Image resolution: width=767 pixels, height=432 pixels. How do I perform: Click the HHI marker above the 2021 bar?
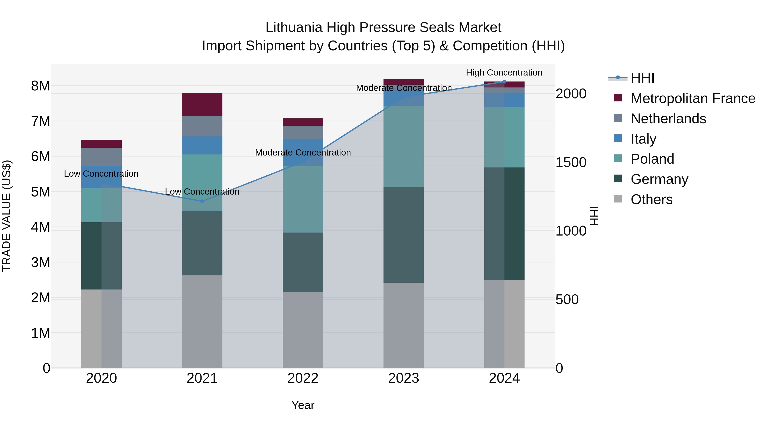pos(202,201)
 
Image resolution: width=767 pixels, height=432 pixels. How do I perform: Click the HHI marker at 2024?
pos(504,82)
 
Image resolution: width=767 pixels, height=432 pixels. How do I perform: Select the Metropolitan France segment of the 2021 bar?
pos(202,104)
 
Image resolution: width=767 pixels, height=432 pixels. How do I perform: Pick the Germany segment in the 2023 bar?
pos(404,235)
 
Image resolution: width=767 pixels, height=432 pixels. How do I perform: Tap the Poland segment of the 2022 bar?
pos(303,199)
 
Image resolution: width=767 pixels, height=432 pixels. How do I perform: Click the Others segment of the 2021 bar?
pos(202,321)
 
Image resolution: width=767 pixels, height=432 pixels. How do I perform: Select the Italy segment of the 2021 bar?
pos(202,145)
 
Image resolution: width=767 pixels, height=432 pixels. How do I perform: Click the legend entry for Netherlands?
pos(668,119)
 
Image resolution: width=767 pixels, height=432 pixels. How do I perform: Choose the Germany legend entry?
pos(659,179)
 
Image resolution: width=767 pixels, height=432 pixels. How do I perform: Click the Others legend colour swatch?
pos(618,199)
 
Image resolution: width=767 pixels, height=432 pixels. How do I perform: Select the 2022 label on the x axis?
pos(303,378)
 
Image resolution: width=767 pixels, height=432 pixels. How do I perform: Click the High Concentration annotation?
pos(504,73)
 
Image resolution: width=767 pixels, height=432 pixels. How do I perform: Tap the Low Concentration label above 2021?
pos(202,191)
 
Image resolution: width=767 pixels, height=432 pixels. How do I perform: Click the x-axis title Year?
pos(303,405)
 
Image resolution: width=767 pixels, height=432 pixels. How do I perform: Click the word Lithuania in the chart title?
pos(294,28)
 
